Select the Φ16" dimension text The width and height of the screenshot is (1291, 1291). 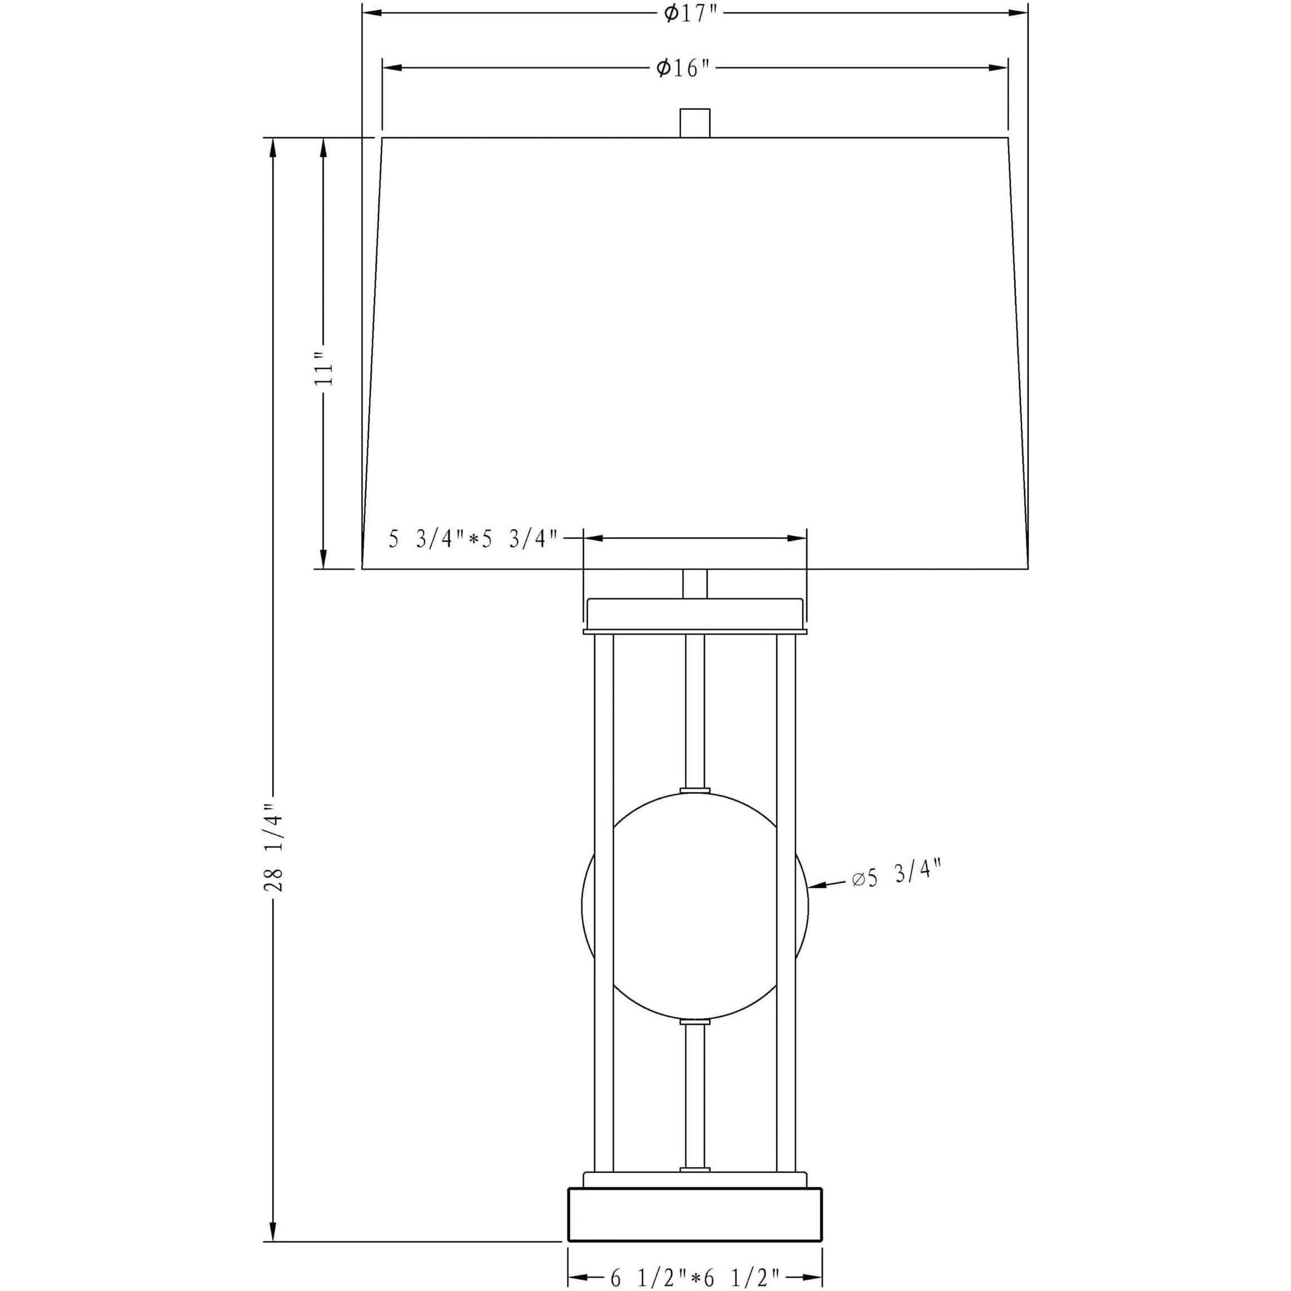pyautogui.click(x=683, y=67)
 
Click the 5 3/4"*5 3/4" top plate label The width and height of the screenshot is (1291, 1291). pyautogui.click(x=473, y=539)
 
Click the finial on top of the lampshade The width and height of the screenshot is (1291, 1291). pyautogui.click(x=694, y=123)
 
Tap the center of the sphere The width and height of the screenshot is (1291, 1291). pyautogui.click(x=695, y=905)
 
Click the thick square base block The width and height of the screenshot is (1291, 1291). pyautogui.click(x=695, y=1214)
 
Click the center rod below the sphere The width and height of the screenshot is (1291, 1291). pyautogui.click(x=695, y=1106)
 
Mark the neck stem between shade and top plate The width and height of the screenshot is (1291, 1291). pyautogui.click(x=695, y=583)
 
